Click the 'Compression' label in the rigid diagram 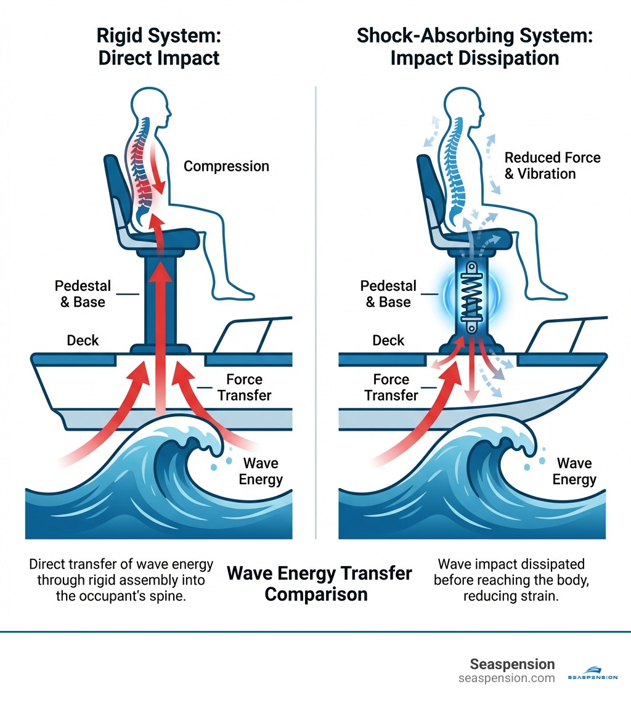pyautogui.click(x=226, y=166)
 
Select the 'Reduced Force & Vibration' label pyautogui.click(x=552, y=166)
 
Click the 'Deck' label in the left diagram pyautogui.click(x=83, y=340)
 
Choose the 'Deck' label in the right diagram pyautogui.click(x=388, y=340)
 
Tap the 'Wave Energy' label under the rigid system pyautogui.click(x=261, y=471)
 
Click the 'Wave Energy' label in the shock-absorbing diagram pyautogui.click(x=574, y=471)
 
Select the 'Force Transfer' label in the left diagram pyautogui.click(x=244, y=387)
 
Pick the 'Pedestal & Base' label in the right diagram pyautogui.click(x=388, y=294)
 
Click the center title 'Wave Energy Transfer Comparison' pyautogui.click(x=319, y=583)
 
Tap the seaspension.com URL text pyautogui.click(x=507, y=678)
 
